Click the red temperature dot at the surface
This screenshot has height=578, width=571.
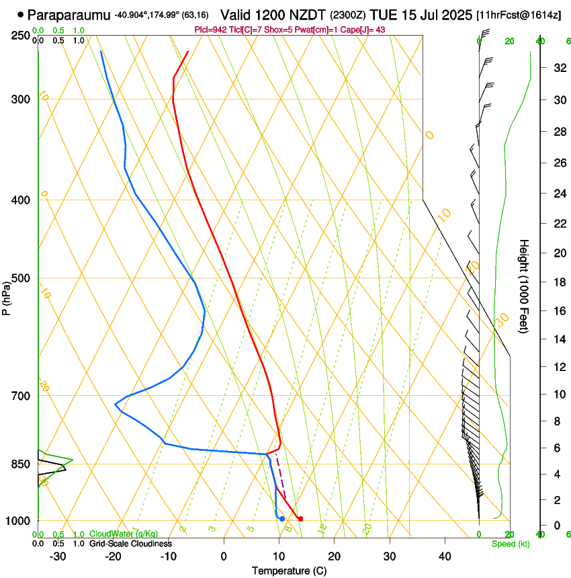tap(300, 518)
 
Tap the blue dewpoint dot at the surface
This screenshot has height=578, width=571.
tap(282, 518)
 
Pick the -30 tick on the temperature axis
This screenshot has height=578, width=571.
tap(58, 556)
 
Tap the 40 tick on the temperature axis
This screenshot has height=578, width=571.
tap(445, 556)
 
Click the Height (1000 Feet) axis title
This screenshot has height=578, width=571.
tap(524, 286)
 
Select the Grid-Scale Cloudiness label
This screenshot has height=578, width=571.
tap(130, 544)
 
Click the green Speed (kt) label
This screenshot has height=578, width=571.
tap(511, 544)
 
